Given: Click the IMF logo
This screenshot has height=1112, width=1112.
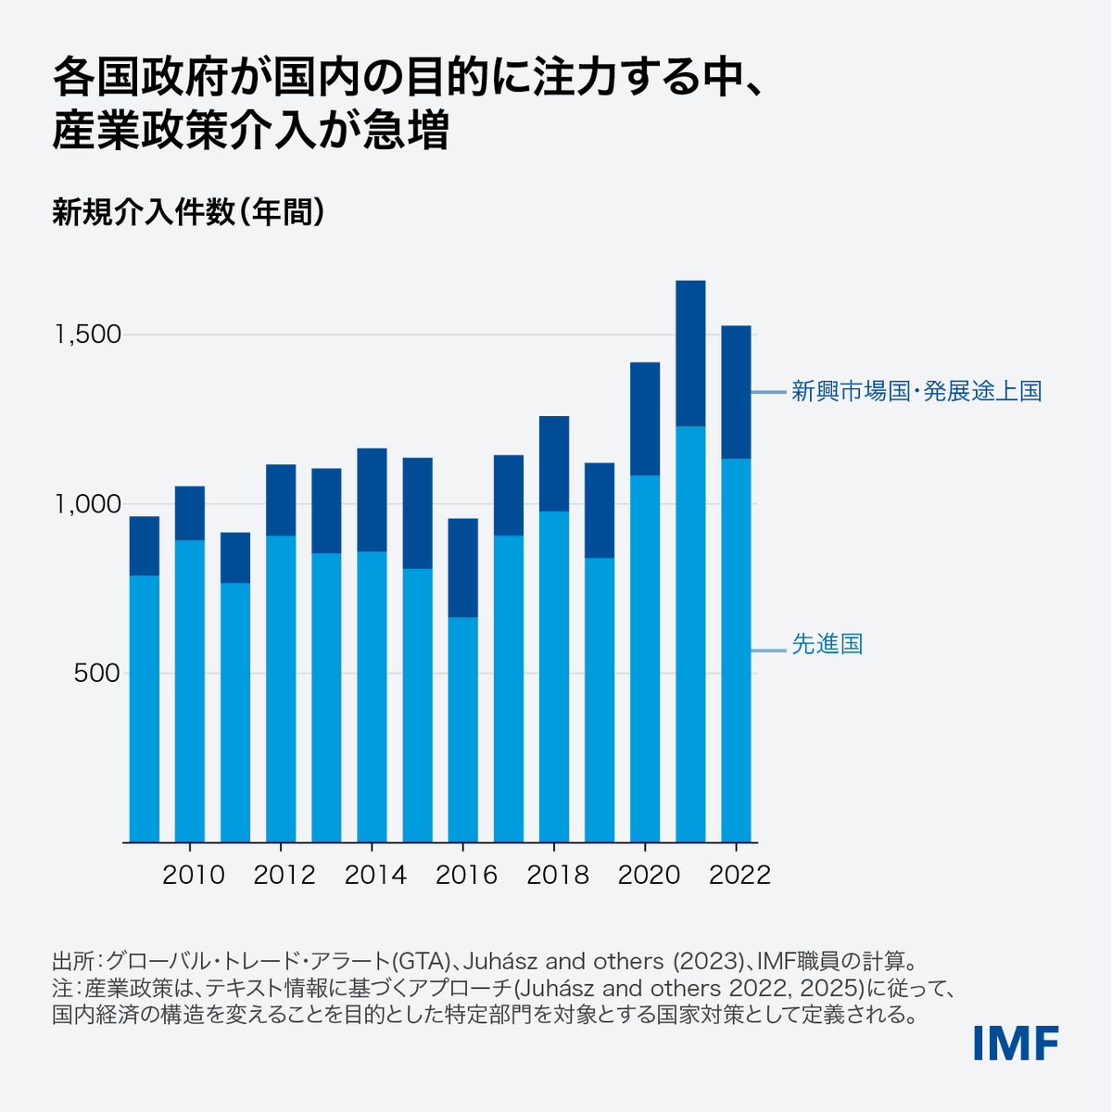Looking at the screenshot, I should point(1016,1043).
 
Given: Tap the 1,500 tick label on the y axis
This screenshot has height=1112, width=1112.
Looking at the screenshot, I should point(88,335).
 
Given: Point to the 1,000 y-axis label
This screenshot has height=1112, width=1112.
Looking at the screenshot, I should point(88,504).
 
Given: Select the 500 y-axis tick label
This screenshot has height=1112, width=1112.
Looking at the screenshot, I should point(96,674).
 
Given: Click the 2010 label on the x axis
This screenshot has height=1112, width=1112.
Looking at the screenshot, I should point(193,875).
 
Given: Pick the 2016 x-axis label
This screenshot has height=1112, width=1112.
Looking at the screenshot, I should point(466,875).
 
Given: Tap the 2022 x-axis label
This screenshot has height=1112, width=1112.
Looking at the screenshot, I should point(739,875).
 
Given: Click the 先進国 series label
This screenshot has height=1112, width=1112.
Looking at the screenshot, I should point(827,644).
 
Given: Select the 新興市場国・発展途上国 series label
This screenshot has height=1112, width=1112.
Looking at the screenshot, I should point(916,391).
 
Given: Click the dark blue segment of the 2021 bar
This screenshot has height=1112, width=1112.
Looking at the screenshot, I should point(690,353).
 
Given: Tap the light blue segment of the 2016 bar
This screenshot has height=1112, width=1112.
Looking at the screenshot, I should point(462,729).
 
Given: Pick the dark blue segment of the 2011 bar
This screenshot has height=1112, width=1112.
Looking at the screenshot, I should point(234,558).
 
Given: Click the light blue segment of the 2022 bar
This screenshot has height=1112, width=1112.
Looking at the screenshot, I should point(736,650).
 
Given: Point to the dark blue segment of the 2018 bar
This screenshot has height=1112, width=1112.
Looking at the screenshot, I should point(553,463).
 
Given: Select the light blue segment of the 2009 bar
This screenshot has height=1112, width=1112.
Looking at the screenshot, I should point(144,709).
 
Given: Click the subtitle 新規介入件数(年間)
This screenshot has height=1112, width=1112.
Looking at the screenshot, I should point(188,212).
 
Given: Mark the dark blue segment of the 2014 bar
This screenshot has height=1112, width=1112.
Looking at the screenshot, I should point(372,499).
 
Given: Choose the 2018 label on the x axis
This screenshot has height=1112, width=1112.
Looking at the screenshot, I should point(557,875).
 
